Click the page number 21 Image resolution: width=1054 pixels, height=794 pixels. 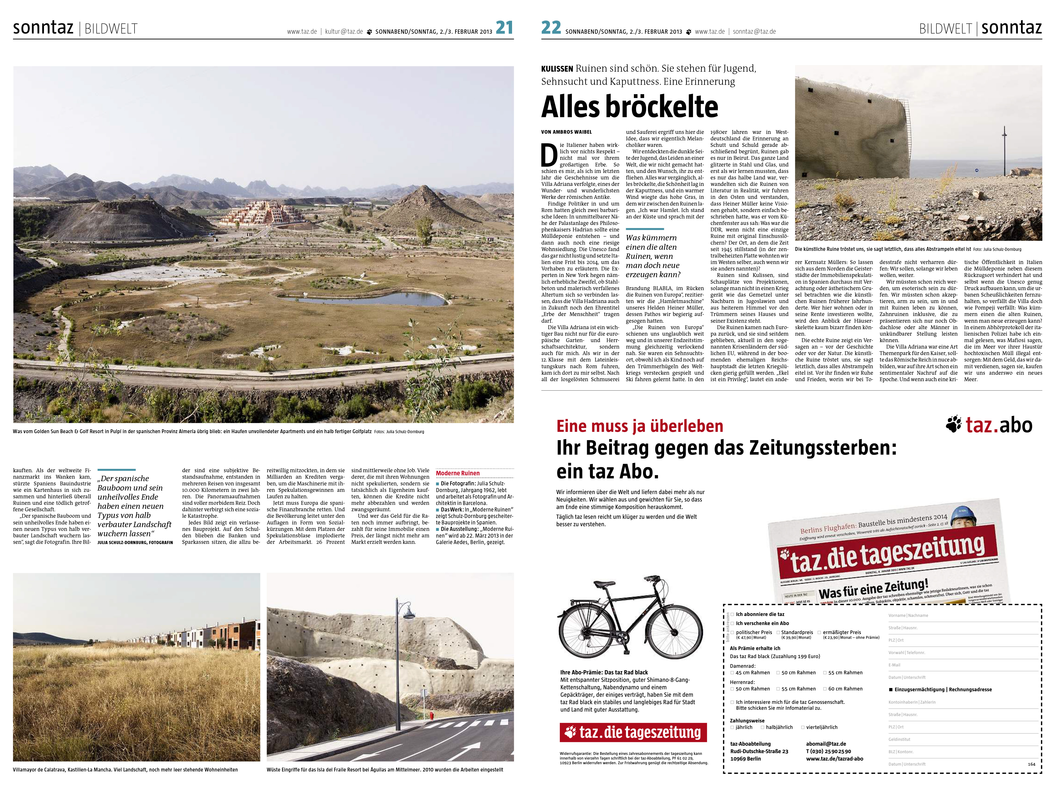504,28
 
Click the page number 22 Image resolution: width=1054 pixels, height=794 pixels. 551,28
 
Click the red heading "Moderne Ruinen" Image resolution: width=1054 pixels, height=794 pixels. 457,473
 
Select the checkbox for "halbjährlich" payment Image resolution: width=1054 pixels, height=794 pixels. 762,727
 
